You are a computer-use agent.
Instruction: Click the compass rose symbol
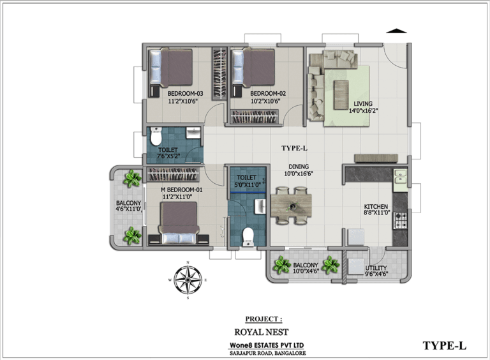coord(188,280)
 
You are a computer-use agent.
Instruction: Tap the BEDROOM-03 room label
coord(185,93)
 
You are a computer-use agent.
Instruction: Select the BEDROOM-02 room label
coord(268,93)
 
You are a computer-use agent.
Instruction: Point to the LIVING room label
coord(363,104)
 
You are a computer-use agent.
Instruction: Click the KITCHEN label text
coord(376,207)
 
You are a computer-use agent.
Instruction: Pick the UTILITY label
coord(376,268)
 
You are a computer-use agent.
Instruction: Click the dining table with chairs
coord(291,206)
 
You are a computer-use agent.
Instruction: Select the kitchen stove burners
coord(401,220)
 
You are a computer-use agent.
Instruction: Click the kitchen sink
coord(400,177)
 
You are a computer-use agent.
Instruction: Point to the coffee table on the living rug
coord(341,94)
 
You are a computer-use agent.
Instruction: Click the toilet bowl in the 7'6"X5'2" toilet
coord(155,136)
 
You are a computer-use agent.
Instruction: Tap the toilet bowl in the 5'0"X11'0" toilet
coord(248,237)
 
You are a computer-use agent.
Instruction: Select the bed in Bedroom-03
coord(170,67)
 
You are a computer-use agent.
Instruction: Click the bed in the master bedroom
coord(179,223)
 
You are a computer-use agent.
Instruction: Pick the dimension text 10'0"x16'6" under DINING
coord(299,174)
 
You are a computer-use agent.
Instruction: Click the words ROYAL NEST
coord(262,332)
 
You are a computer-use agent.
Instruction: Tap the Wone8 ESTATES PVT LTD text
coord(267,345)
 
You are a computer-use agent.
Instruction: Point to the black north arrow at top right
coord(396,31)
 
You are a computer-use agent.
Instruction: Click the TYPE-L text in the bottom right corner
coord(444,345)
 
